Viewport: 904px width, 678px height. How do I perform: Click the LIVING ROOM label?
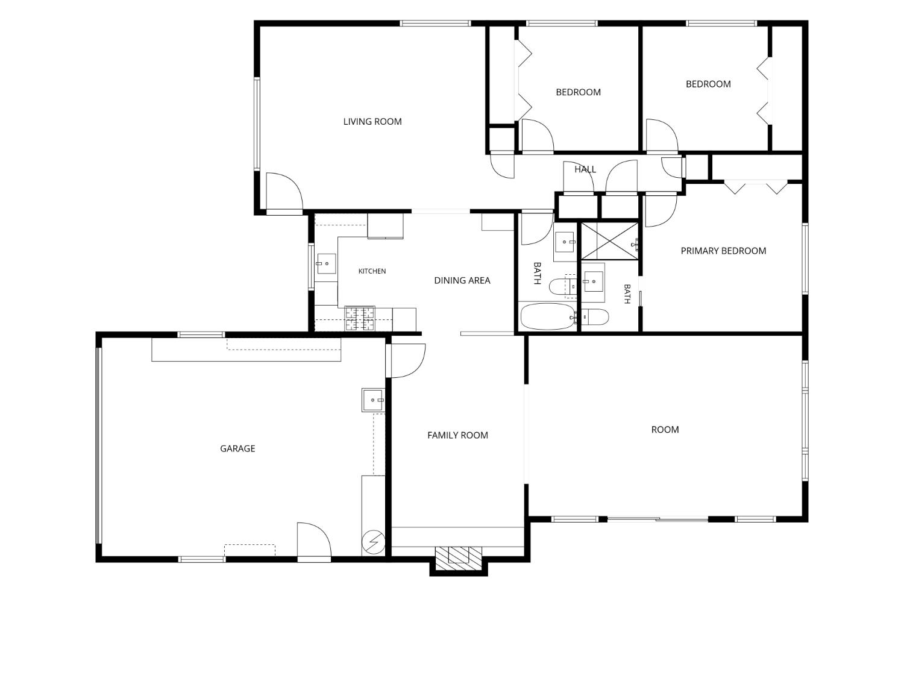coord(372,122)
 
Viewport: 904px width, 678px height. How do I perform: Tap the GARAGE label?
coord(237,448)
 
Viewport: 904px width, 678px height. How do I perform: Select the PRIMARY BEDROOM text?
coord(723,251)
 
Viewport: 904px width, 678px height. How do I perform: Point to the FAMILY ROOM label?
coord(457,435)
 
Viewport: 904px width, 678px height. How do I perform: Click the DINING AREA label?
coord(462,280)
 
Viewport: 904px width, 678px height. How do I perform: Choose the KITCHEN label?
coord(372,271)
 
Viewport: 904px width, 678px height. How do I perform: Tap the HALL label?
coord(585,169)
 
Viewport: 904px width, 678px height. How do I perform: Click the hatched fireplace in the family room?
coord(459,558)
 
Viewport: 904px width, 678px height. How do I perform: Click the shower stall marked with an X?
coord(609,241)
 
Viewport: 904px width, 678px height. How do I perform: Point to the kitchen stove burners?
coord(360,318)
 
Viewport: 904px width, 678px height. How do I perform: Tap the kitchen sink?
coord(326,264)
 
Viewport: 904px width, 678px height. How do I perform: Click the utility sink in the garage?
coord(373,400)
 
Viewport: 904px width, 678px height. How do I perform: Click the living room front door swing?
coord(284,192)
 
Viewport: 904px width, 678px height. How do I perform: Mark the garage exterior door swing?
coord(314,541)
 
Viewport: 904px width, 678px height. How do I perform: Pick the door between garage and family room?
coord(406,360)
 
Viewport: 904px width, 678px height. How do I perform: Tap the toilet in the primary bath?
coord(594,317)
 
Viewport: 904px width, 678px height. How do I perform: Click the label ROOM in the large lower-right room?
coord(665,429)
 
